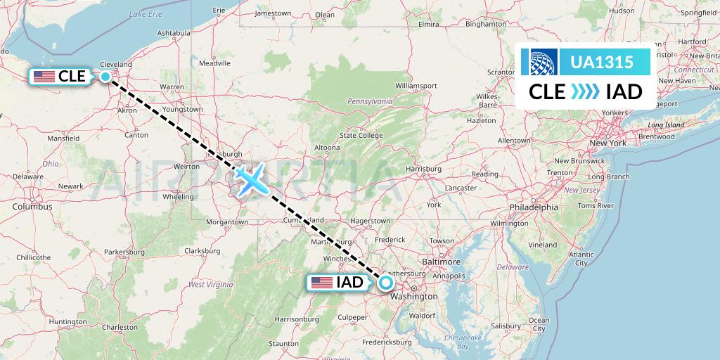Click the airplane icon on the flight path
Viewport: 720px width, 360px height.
251,179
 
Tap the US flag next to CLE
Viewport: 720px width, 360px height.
44,76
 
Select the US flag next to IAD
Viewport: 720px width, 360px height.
322,283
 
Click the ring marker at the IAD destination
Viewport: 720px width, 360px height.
386,283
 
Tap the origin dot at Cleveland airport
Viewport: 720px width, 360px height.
105,77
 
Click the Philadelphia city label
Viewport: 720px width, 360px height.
534,207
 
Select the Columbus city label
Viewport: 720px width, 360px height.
32,207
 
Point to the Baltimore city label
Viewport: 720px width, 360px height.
442,262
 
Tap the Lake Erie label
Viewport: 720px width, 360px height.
146,14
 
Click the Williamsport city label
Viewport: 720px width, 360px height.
416,86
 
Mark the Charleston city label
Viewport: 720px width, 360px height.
120,327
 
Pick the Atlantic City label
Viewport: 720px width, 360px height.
581,258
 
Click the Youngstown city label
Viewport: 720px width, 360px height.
182,110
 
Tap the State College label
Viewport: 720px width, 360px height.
361,135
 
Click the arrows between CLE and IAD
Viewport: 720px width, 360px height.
585,91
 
